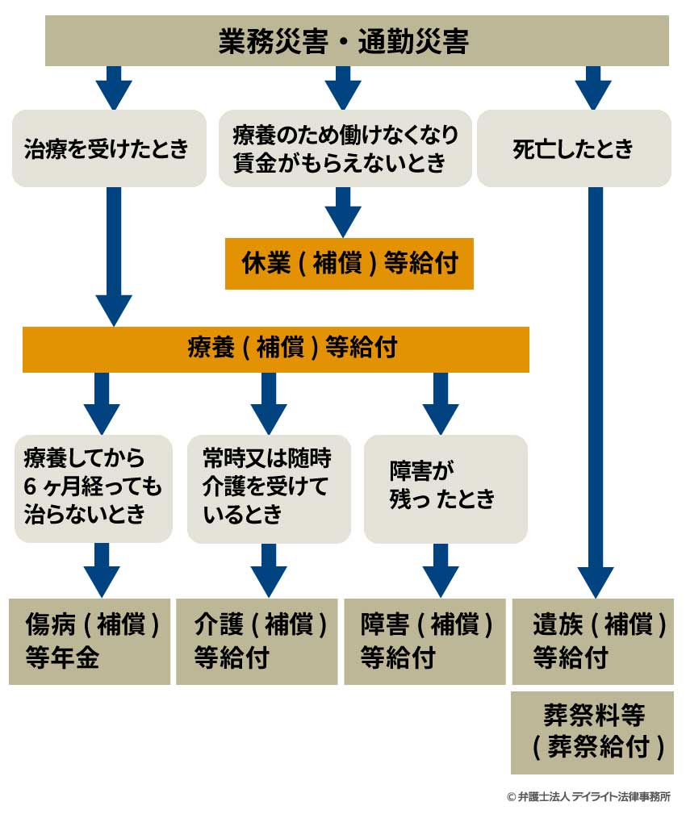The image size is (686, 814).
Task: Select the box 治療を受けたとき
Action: point(109,149)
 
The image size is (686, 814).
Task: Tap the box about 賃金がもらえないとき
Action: point(345,149)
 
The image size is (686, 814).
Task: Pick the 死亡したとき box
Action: point(574,149)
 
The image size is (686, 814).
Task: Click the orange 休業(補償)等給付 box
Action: point(349,264)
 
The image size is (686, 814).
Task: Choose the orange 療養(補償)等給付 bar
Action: point(275,349)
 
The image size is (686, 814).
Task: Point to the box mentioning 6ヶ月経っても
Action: point(94,487)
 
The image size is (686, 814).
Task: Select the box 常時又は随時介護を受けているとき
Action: point(269,487)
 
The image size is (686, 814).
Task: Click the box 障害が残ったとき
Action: point(445,487)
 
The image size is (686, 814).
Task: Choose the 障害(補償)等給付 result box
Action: point(425,641)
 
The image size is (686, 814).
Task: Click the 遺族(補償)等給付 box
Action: point(592,641)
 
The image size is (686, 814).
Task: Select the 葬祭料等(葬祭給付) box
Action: point(592,733)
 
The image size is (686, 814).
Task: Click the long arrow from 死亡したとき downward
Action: point(596,387)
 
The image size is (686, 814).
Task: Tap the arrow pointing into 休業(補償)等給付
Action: point(343,211)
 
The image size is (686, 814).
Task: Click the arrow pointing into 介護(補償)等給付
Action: point(269,570)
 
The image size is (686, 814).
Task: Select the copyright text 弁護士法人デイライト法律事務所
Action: point(588,796)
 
